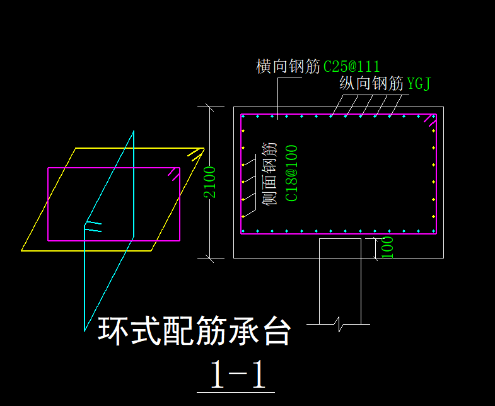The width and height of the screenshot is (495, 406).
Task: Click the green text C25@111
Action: tap(352, 67)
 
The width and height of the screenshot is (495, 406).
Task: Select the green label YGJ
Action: tap(419, 83)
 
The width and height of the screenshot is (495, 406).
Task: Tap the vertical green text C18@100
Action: tap(291, 173)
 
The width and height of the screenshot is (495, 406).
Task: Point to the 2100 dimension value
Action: tap(209, 182)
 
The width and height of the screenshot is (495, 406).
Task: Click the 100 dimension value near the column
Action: tap(388, 248)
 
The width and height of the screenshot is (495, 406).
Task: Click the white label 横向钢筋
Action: tap(288, 66)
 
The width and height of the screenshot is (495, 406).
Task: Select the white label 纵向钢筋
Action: tap(371, 83)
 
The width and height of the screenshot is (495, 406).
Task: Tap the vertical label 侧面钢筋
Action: tap(270, 174)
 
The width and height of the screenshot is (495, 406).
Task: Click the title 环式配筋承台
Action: tap(194, 331)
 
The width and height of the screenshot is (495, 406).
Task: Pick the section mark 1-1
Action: tap(238, 374)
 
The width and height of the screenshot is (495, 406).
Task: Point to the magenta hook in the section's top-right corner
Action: tap(430, 120)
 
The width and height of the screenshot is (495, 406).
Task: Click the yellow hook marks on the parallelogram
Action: tap(195, 154)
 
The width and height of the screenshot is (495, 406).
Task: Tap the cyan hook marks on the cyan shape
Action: tap(93, 227)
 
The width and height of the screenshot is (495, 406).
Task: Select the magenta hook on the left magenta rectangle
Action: tap(174, 174)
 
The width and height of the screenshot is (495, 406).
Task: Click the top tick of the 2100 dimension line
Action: tap(209, 107)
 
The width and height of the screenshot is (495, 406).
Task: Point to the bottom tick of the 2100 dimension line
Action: tap(209, 258)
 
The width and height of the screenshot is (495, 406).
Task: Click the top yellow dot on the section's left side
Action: tap(243, 130)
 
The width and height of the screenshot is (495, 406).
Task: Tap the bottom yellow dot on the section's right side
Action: tap(433, 217)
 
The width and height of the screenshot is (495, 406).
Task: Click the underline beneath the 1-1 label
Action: tap(236, 392)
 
